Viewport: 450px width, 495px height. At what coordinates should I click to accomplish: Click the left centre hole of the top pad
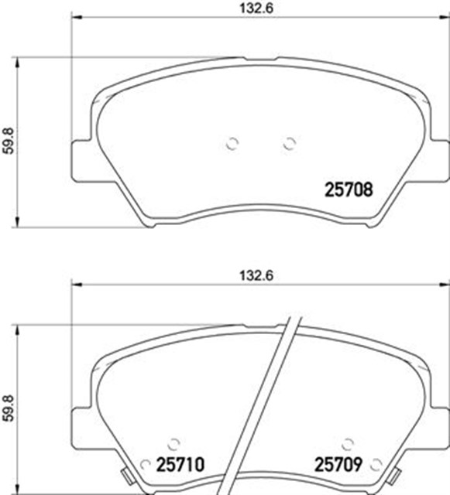tap(232, 142)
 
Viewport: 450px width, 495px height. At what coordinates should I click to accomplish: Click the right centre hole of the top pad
tap(289, 142)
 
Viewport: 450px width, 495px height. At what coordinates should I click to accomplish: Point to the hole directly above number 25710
tap(174, 442)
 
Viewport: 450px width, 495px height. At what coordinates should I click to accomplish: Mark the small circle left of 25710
tap(143, 466)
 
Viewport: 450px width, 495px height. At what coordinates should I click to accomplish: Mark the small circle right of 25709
tap(376, 466)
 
